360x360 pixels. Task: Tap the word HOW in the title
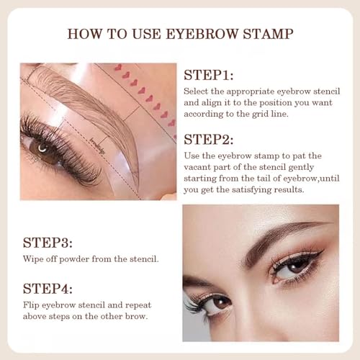coord(84,34)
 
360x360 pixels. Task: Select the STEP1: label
coord(210,75)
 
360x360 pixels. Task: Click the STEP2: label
coord(210,138)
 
